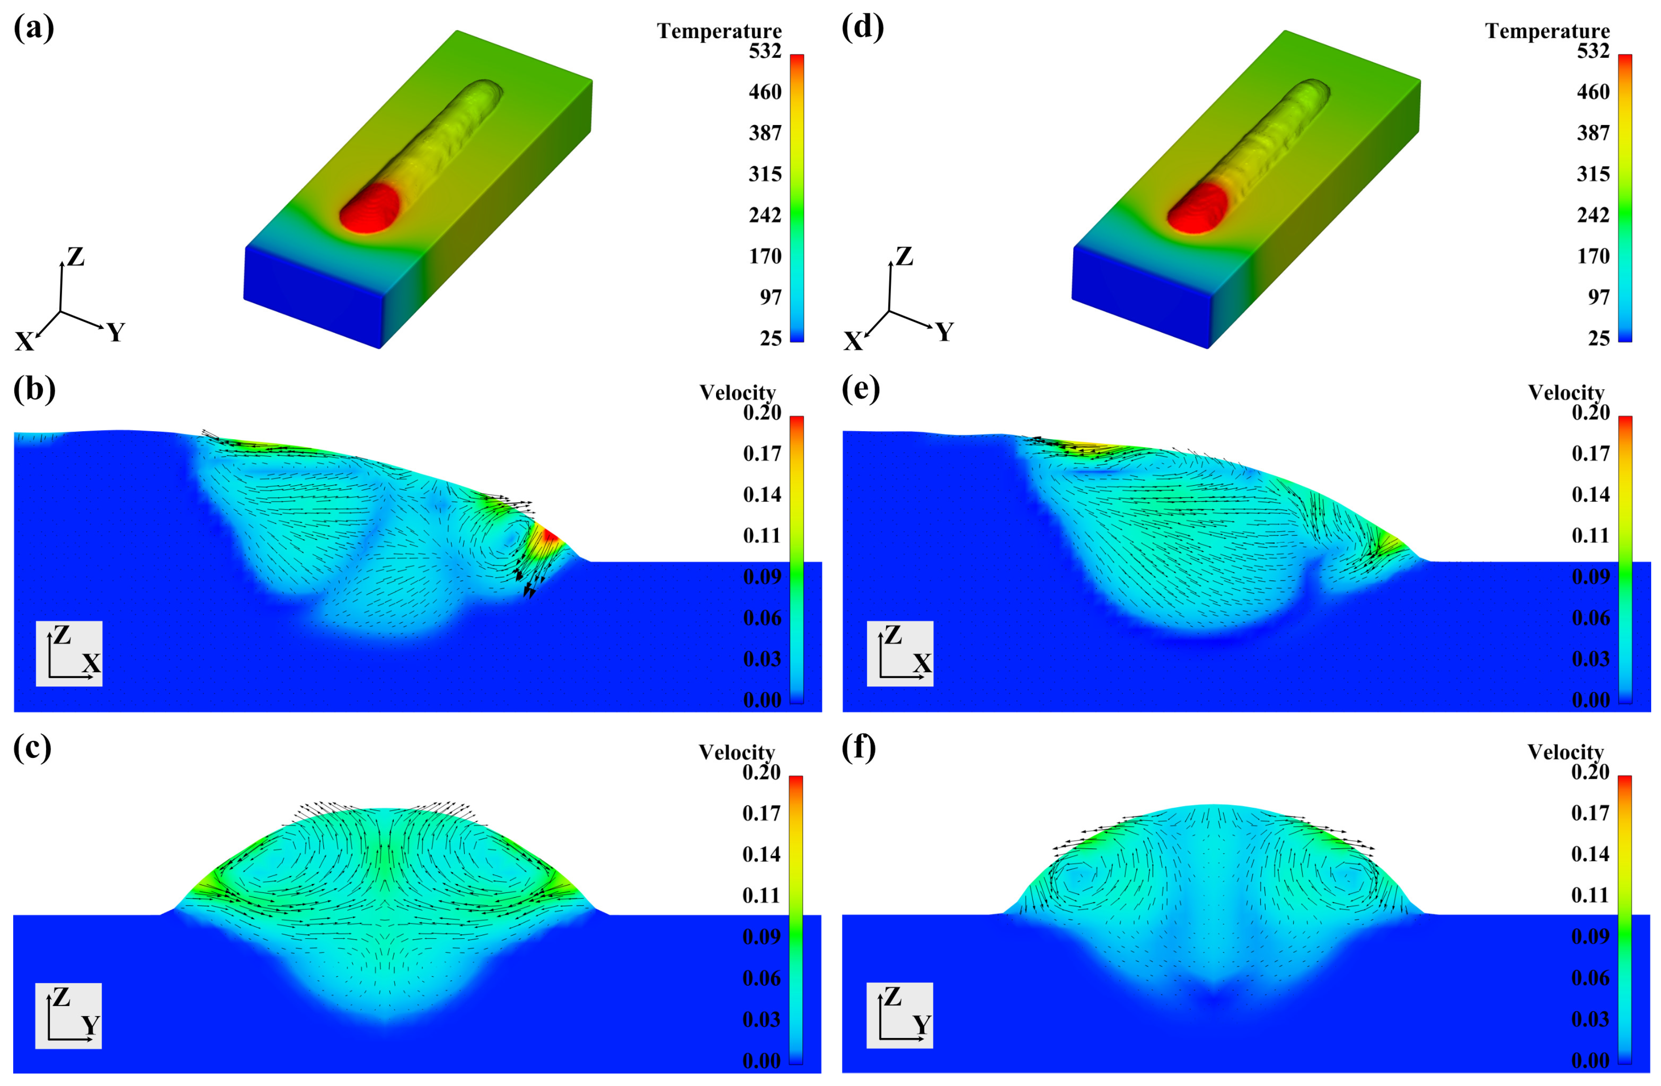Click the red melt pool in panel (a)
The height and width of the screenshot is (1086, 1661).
pos(369,208)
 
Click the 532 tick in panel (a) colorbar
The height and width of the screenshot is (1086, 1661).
pos(765,51)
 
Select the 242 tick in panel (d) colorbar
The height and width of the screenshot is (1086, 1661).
pos(1593,215)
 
